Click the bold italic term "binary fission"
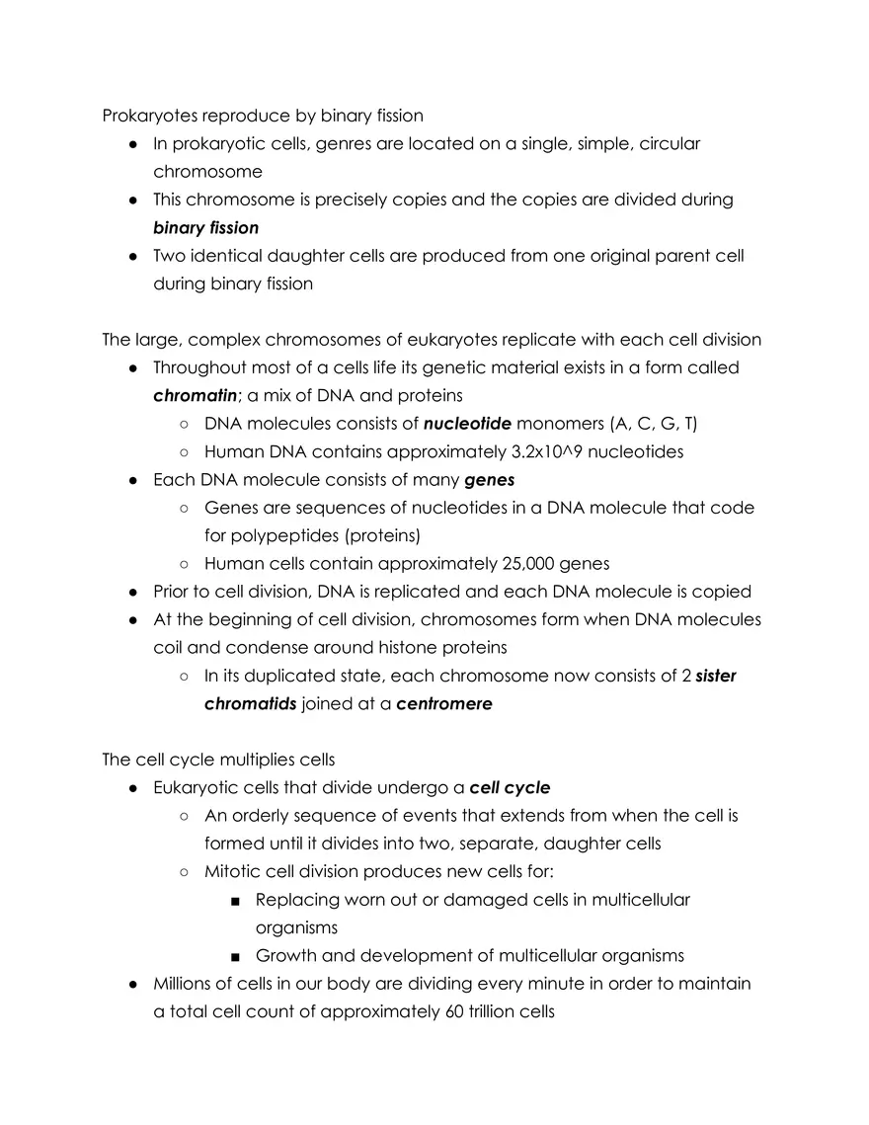(x=205, y=228)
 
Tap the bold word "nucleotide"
(x=467, y=424)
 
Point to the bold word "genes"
(x=489, y=480)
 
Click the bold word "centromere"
(x=443, y=704)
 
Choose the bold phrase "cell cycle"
(x=510, y=788)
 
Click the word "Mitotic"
(x=233, y=872)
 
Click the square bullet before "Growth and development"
(x=233, y=956)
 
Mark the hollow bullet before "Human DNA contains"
(x=184, y=452)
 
